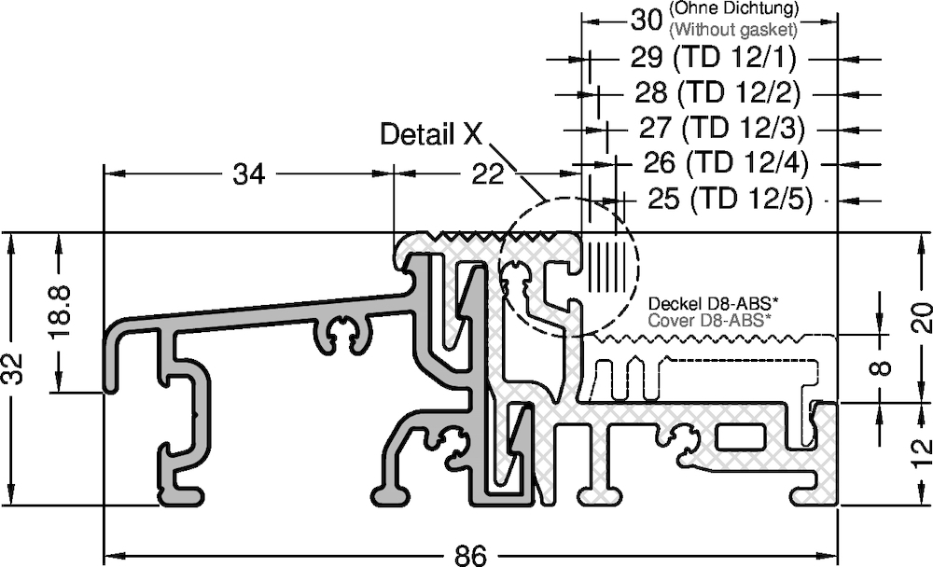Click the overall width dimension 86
point(470,557)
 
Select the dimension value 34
point(249,174)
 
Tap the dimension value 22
point(487,174)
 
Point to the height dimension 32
point(13,369)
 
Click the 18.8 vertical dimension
point(62,311)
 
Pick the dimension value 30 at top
point(647,21)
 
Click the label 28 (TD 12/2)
point(717,92)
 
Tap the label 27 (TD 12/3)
point(722,128)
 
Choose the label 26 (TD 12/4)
point(726,162)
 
